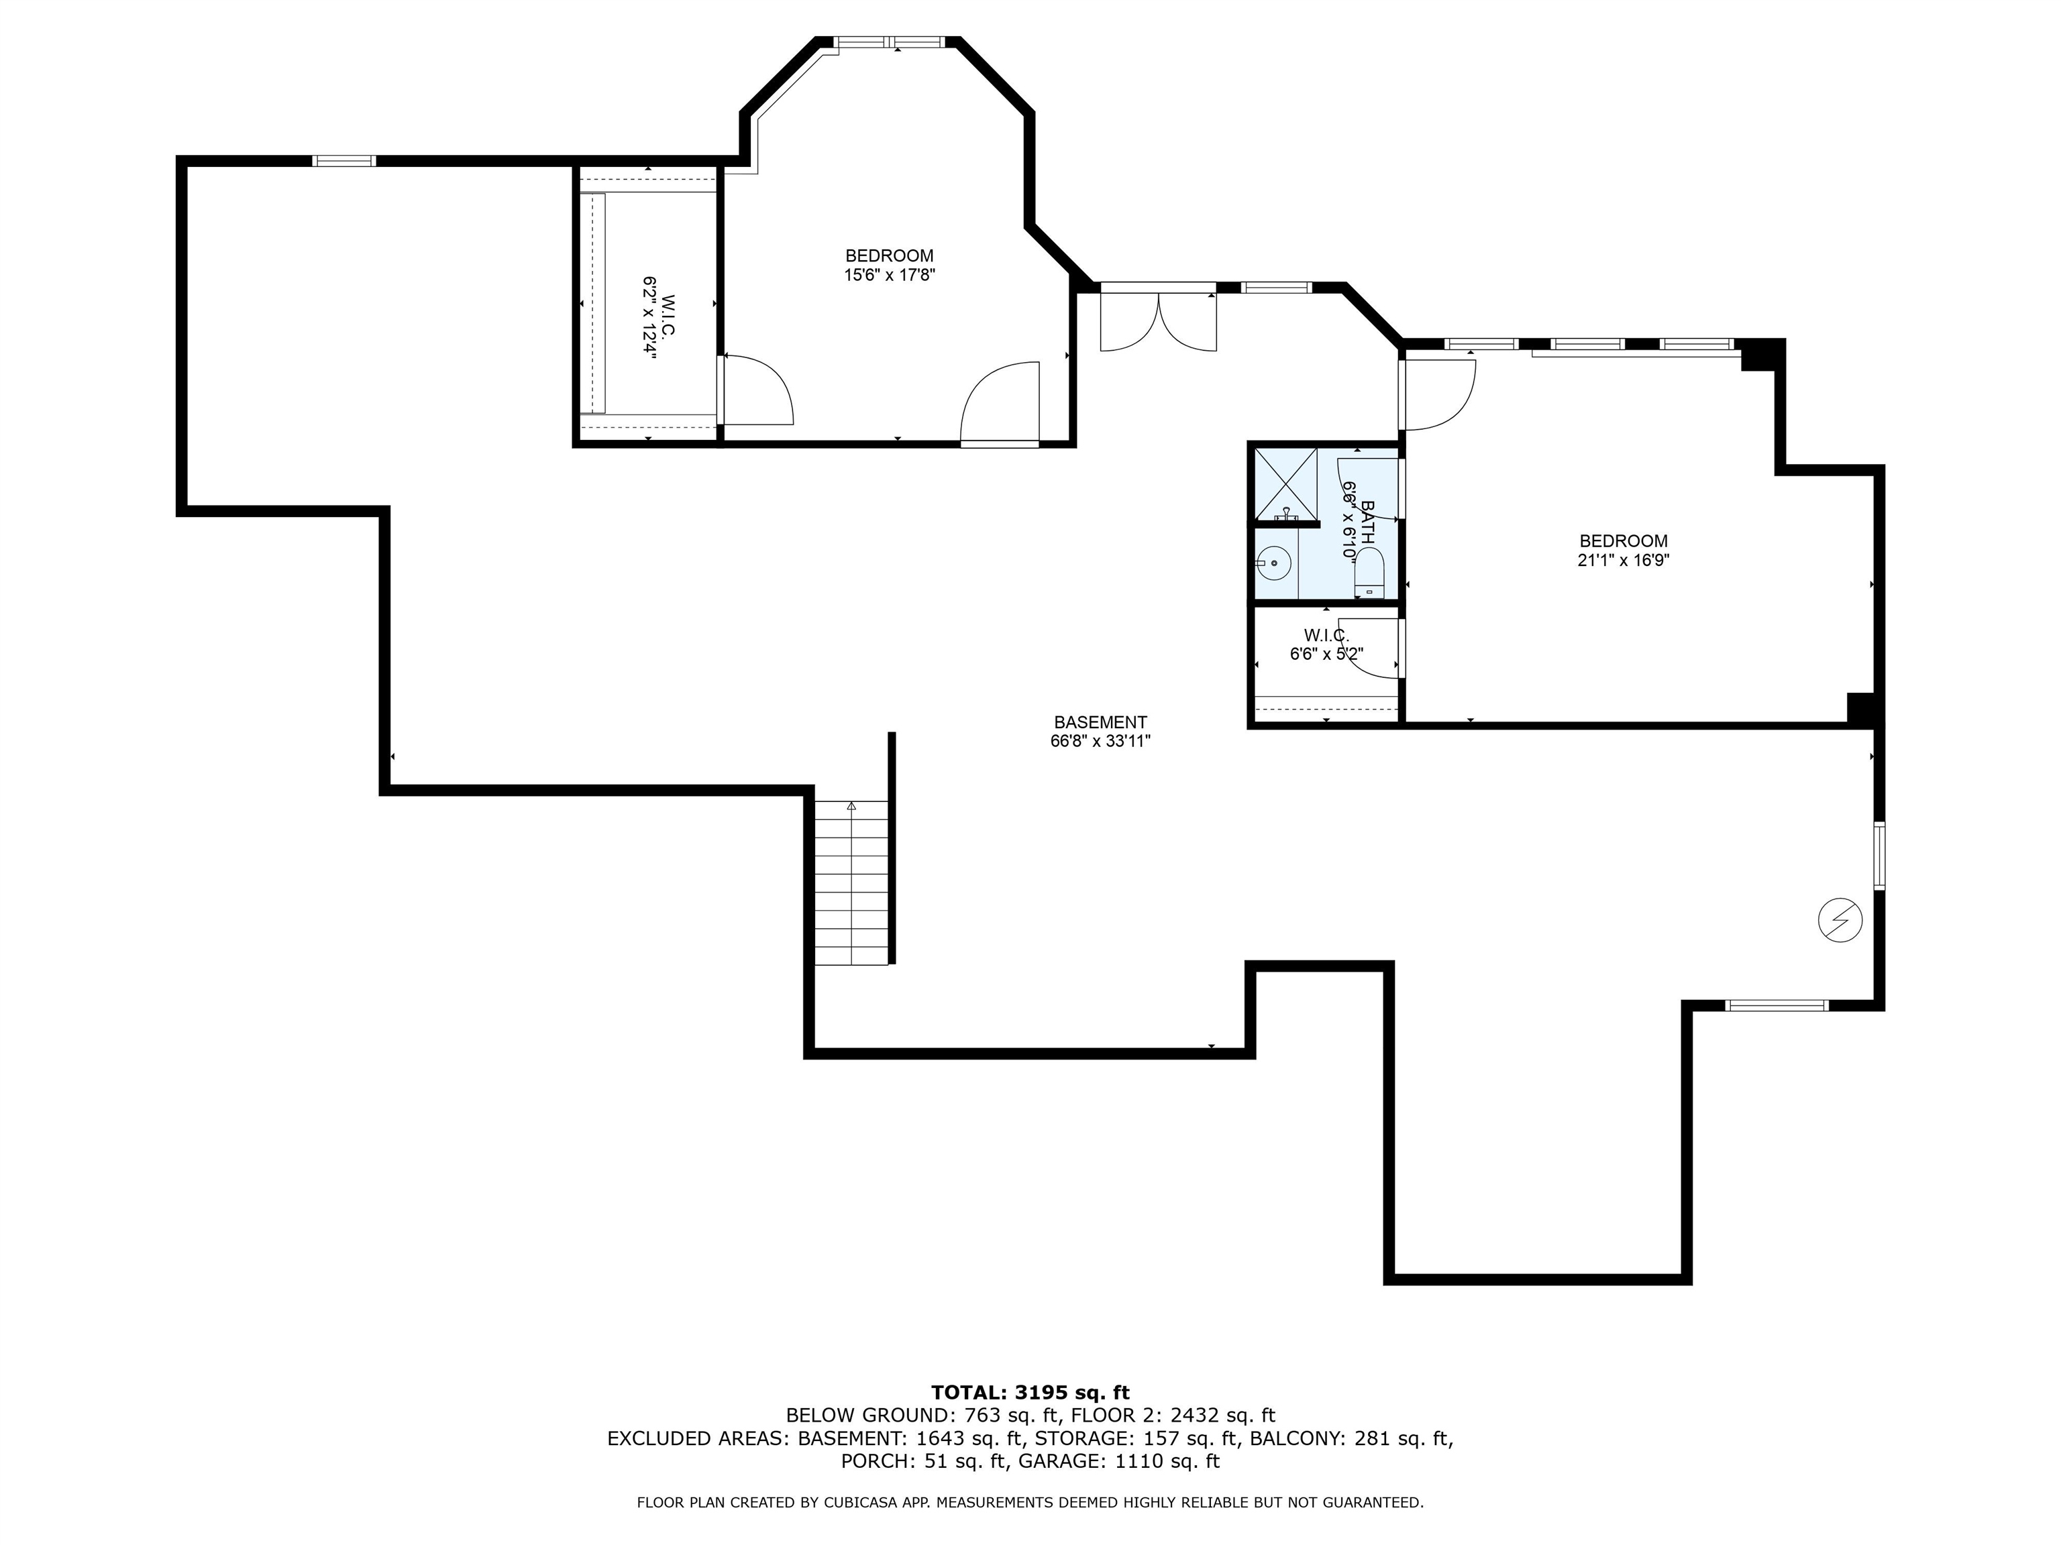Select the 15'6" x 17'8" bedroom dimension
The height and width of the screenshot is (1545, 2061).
click(890, 276)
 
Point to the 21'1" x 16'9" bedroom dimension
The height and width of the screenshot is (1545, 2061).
click(1623, 561)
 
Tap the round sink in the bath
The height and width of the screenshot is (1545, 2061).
click(1273, 563)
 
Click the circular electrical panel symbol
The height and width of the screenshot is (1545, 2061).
click(1840, 921)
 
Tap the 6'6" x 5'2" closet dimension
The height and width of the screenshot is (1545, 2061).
click(1326, 654)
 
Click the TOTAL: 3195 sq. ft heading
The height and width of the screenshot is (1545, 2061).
click(1030, 1392)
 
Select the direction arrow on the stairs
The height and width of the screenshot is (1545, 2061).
click(851, 807)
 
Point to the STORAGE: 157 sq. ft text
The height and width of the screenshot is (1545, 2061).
click(1137, 1438)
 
